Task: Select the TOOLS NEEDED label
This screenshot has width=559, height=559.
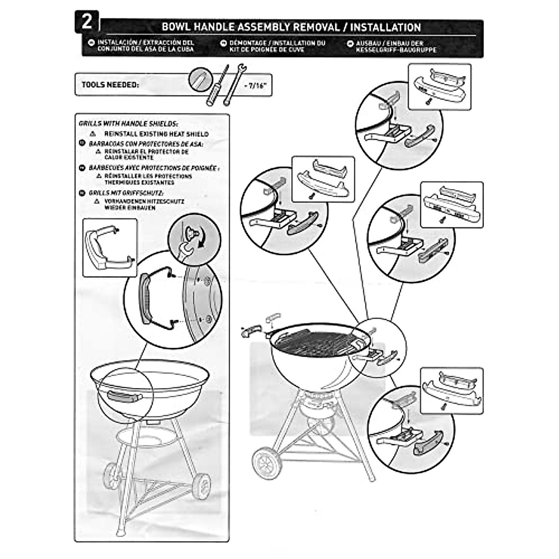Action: coord(110,85)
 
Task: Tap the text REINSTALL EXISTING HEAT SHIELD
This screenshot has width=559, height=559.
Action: coord(156,134)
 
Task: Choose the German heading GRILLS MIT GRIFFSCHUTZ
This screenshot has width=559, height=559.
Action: coord(122,192)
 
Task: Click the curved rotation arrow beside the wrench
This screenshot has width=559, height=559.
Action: coord(202,244)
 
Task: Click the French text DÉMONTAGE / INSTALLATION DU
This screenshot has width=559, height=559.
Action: coord(277,43)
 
